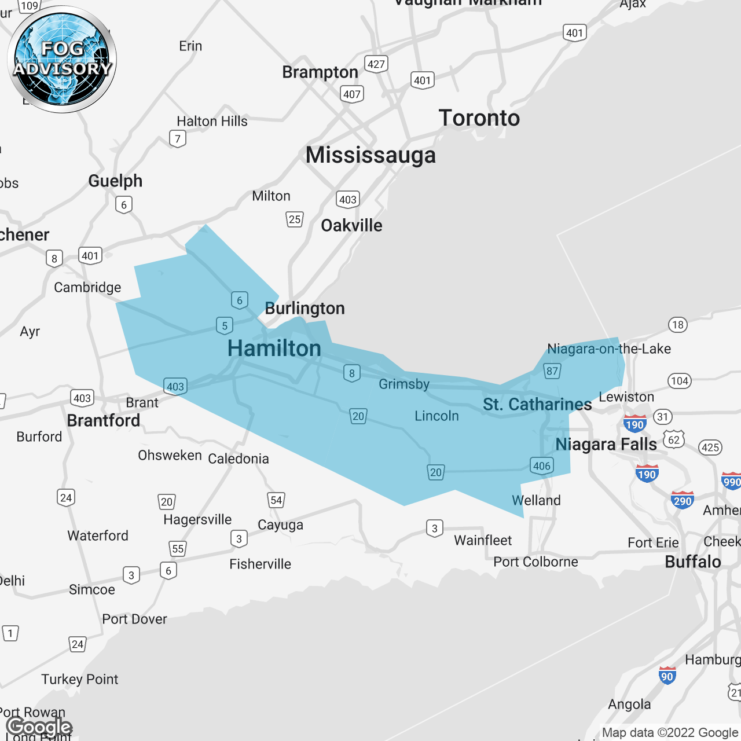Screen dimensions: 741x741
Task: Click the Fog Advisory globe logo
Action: [62, 60]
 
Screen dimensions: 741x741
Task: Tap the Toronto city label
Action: [479, 118]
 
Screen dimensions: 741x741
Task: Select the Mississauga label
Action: [370, 155]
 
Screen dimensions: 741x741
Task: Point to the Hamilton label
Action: [274, 349]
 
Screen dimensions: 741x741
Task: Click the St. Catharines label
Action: [537, 404]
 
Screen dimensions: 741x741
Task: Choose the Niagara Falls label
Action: [606, 445]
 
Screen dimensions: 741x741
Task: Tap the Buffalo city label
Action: [693, 562]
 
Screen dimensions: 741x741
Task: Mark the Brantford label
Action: [104, 420]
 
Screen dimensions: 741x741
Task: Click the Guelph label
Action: [115, 181]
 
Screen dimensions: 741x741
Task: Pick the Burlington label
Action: [305, 309]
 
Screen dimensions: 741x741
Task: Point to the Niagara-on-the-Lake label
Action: [609, 349]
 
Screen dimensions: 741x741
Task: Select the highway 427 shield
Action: [376, 64]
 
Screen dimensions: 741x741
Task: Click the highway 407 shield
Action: [352, 94]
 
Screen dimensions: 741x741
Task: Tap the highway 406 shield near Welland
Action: [541, 465]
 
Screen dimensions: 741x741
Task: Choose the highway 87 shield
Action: [552, 371]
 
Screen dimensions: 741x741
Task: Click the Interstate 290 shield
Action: [683, 501]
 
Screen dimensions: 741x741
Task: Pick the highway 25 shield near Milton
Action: [295, 219]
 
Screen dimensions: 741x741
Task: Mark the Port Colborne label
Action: [535, 562]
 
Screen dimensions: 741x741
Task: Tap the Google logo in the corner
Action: [39, 727]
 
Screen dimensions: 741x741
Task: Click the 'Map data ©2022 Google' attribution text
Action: [670, 733]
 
